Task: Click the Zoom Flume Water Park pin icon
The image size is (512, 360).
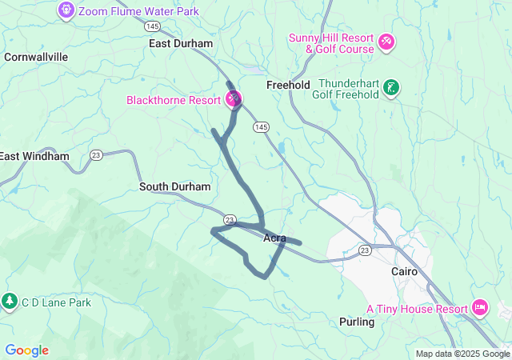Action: pyautogui.click(x=66, y=10)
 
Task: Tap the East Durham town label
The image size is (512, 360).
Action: pyautogui.click(x=181, y=43)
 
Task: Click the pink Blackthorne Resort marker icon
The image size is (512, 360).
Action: pyautogui.click(x=234, y=100)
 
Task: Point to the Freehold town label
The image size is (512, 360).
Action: pyautogui.click(x=288, y=85)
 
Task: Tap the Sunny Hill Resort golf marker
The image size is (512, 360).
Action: pyautogui.click(x=386, y=41)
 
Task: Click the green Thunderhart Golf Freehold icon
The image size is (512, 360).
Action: pyautogui.click(x=391, y=88)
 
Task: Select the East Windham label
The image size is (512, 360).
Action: pyautogui.click(x=34, y=156)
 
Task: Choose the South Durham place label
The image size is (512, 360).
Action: pyautogui.click(x=175, y=186)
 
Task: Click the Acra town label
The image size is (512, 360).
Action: pyautogui.click(x=274, y=238)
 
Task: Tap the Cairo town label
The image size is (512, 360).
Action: pyautogui.click(x=404, y=271)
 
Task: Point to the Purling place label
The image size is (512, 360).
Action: pyautogui.click(x=357, y=322)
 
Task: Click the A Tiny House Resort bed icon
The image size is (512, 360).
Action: pyautogui.click(x=480, y=307)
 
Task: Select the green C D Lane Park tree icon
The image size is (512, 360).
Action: pyautogui.click(x=10, y=302)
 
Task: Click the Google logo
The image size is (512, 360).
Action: pyautogui.click(x=26, y=350)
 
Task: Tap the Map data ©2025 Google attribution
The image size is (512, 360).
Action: pyautogui.click(x=462, y=354)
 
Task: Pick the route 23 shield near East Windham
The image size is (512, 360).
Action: pyautogui.click(x=96, y=154)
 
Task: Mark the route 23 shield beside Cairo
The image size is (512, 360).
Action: pyautogui.click(x=366, y=250)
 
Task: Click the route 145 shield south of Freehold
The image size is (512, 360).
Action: pyautogui.click(x=261, y=127)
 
